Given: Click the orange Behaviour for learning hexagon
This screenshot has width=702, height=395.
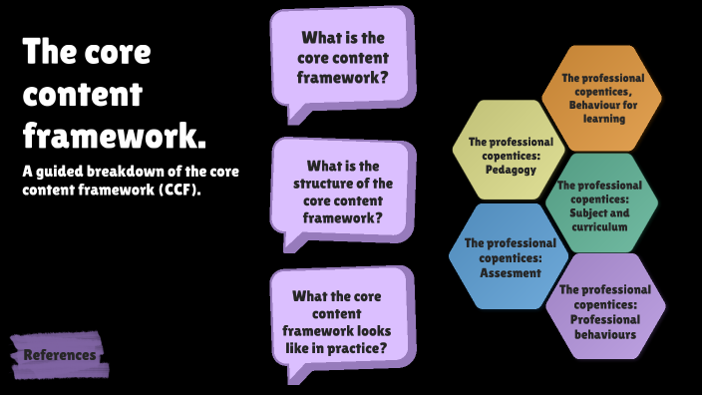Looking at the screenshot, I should click(x=601, y=97).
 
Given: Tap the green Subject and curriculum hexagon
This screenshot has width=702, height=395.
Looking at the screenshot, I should click(x=601, y=205).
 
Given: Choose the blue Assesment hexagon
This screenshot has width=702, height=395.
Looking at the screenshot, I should click(x=509, y=257).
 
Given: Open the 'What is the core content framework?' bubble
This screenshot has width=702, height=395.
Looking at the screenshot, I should click(x=342, y=58).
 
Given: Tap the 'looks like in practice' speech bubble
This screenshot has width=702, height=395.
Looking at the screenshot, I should click(x=339, y=322).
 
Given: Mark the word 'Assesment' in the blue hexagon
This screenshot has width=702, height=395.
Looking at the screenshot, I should click(x=510, y=272).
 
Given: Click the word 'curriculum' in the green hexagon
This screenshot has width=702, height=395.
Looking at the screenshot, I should click(x=600, y=226).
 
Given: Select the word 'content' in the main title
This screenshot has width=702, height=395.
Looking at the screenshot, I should click(x=83, y=94).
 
